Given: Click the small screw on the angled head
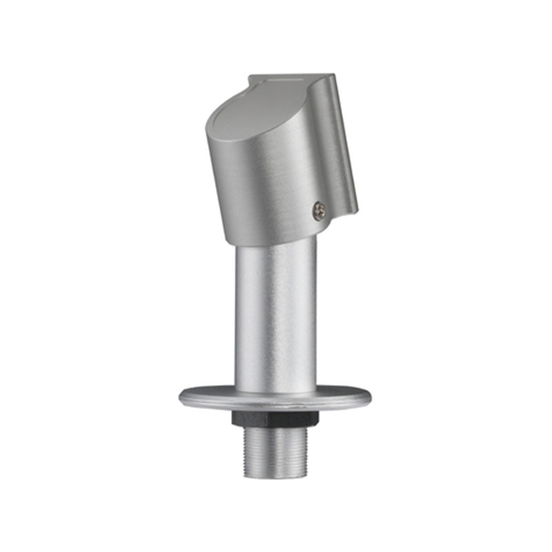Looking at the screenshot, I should click(318, 210).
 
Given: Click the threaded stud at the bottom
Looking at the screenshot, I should click(275, 452).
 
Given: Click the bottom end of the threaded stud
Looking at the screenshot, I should click(275, 475).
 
